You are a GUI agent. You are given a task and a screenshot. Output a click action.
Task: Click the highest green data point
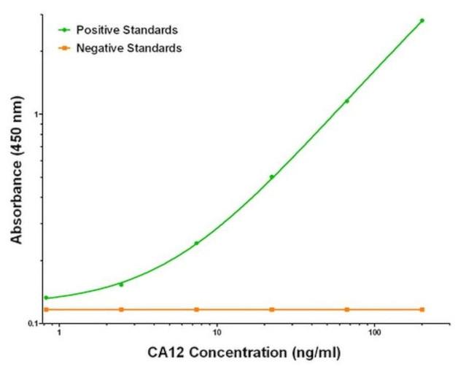(421, 20)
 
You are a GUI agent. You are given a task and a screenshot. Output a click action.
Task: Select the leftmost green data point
(46, 298)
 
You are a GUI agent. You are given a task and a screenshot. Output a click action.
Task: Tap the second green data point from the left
(121, 284)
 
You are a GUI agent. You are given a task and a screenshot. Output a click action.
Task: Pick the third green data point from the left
(196, 244)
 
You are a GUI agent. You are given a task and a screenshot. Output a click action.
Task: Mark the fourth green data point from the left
(271, 176)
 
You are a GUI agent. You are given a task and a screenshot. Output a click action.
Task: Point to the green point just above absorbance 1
(346, 101)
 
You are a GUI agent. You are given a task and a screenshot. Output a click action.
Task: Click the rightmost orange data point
(421, 310)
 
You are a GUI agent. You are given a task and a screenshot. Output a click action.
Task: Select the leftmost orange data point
(46, 310)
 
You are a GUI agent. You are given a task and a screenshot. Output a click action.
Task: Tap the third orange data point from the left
(196, 310)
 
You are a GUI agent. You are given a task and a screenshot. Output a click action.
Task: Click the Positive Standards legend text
(127, 31)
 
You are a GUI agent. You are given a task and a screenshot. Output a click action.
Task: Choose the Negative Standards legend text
(129, 48)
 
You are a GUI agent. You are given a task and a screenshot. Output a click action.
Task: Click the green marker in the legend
(65, 31)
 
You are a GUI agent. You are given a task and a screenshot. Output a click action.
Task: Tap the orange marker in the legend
(65, 48)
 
